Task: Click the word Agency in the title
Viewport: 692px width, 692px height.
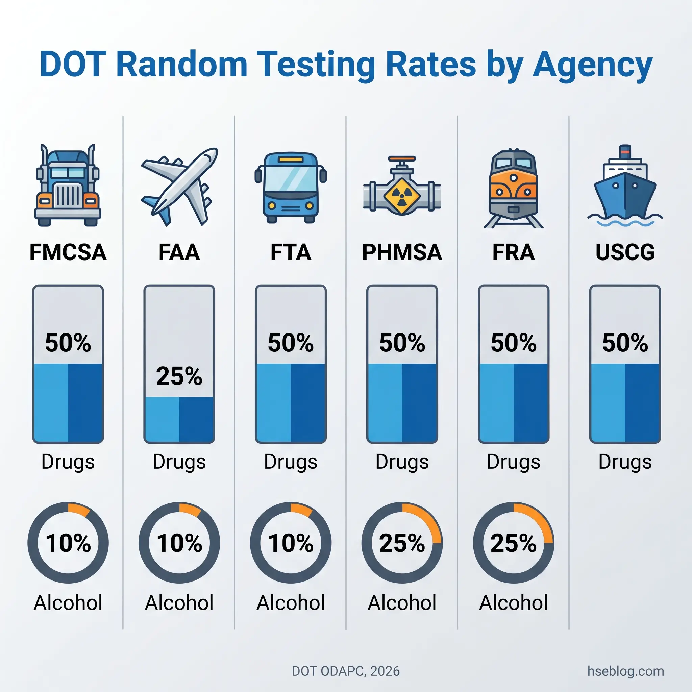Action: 592,66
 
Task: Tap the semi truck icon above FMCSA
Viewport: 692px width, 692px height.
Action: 68,185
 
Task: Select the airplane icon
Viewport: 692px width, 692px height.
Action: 179,186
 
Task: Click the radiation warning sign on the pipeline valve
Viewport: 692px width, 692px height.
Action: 401,196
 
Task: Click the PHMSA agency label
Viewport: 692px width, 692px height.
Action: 402,252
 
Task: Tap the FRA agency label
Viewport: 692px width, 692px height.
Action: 513,252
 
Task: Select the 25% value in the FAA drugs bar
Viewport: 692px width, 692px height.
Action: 179,376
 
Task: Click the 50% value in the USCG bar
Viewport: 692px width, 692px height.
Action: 625,343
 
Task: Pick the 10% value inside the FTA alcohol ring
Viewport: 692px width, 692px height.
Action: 291,543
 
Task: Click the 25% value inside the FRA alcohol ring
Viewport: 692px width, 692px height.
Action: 513,543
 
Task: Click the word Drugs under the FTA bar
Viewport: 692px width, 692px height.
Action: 291,462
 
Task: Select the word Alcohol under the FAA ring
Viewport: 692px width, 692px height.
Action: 179,603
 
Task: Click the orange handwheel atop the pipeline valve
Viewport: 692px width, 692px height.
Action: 402,158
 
